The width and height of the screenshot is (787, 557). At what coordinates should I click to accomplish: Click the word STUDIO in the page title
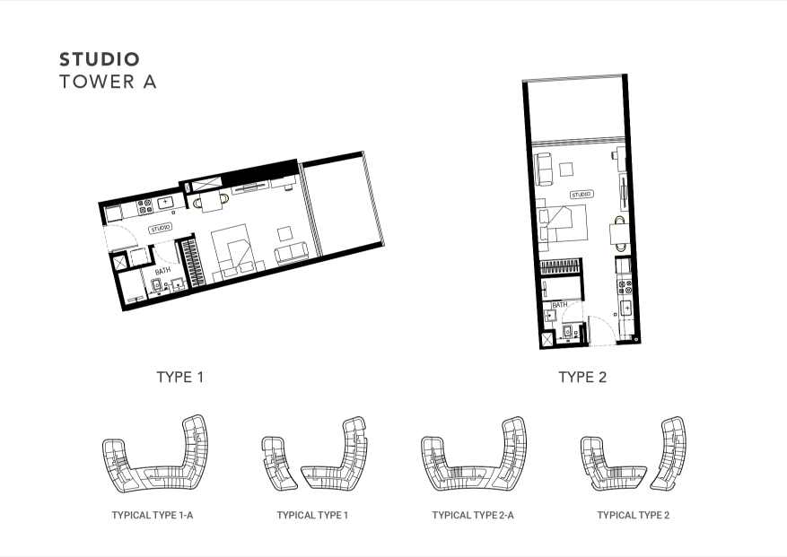pyautogui.click(x=100, y=59)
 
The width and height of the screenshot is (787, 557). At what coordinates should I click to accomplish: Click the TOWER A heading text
pyautogui.click(x=108, y=82)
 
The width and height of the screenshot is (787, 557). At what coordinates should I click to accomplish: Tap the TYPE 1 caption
pyautogui.click(x=180, y=377)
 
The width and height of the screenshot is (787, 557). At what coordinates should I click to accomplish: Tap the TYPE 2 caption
pyautogui.click(x=582, y=377)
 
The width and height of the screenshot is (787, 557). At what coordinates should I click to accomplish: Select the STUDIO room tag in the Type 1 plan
pyautogui.click(x=160, y=229)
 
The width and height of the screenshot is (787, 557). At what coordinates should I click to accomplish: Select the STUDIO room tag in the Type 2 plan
pyautogui.click(x=582, y=195)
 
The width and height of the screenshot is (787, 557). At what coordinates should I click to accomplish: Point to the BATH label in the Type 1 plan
pyautogui.click(x=162, y=271)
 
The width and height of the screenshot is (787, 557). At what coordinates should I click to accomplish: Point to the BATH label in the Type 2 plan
pyautogui.click(x=560, y=305)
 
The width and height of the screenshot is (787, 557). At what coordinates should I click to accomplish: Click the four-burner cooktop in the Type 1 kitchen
pyautogui.click(x=144, y=206)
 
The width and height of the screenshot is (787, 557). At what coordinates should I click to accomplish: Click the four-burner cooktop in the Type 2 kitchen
pyautogui.click(x=625, y=287)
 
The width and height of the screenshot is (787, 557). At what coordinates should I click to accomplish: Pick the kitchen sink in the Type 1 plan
pyautogui.click(x=165, y=202)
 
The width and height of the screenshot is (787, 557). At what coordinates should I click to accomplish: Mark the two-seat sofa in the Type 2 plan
pyautogui.click(x=544, y=170)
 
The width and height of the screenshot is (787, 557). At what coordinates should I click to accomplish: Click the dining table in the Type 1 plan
pyautogui.click(x=211, y=201)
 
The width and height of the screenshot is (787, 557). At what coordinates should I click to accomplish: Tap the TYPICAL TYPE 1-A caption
pyautogui.click(x=153, y=515)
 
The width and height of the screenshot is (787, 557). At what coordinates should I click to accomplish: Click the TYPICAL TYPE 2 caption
pyautogui.click(x=634, y=515)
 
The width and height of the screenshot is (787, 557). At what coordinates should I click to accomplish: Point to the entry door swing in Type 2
pyautogui.click(x=598, y=330)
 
